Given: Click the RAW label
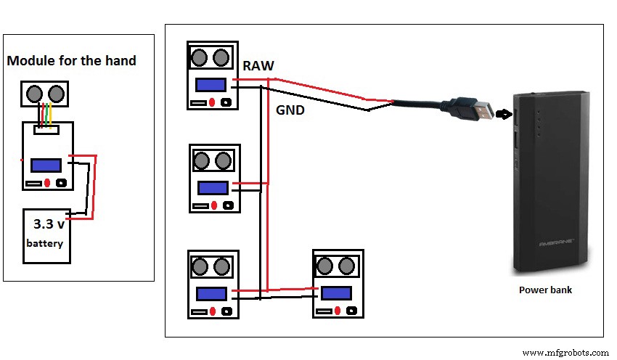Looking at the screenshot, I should [x=258, y=66].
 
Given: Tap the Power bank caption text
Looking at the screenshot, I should [x=545, y=290].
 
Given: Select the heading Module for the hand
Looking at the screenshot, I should [x=71, y=61].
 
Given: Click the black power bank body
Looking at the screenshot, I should [x=549, y=181].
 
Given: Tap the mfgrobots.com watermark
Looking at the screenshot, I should [x=565, y=352].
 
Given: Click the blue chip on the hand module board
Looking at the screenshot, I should [x=46, y=165].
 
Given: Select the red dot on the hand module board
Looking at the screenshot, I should [x=47, y=182].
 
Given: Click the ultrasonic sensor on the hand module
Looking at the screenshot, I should [x=44, y=94].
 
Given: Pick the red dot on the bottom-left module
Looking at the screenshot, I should [x=212, y=311].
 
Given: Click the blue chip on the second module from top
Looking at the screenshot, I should [x=213, y=187].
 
